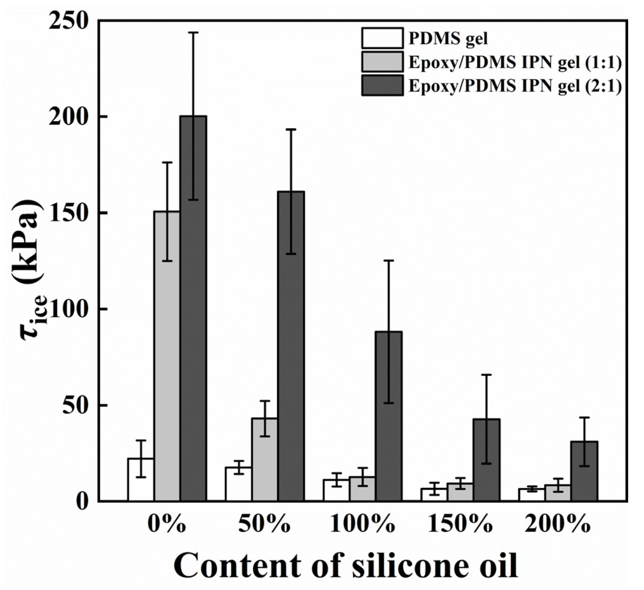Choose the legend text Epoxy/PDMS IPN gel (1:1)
515,62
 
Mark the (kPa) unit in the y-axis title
25,243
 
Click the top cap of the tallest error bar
193,32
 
